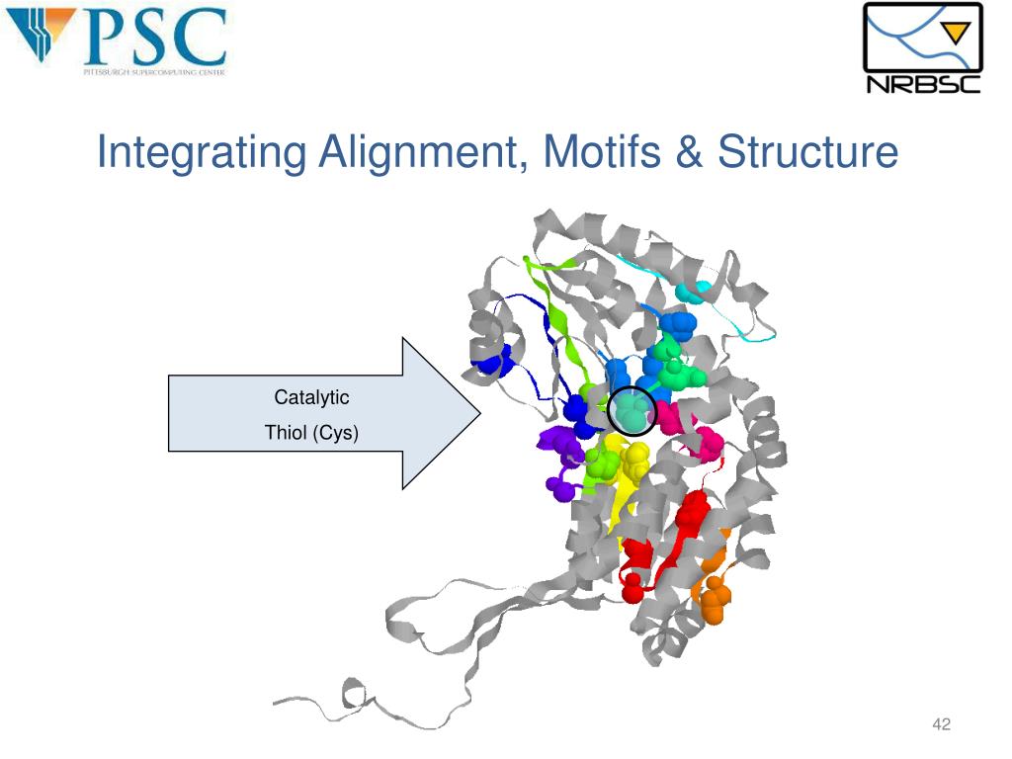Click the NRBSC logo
(x=923, y=49)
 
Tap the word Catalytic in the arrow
(x=311, y=398)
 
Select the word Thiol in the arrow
(x=287, y=432)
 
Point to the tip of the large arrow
(x=478, y=413)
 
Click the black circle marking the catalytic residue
(x=632, y=411)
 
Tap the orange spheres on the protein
(x=713, y=597)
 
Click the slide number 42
(x=941, y=726)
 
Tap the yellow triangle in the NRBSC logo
(x=956, y=33)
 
